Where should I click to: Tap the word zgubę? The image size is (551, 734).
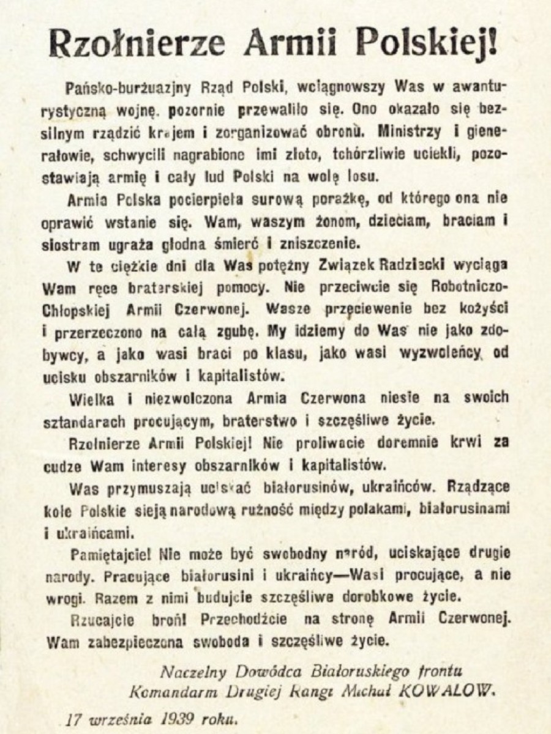pyautogui.click(x=236, y=330)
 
